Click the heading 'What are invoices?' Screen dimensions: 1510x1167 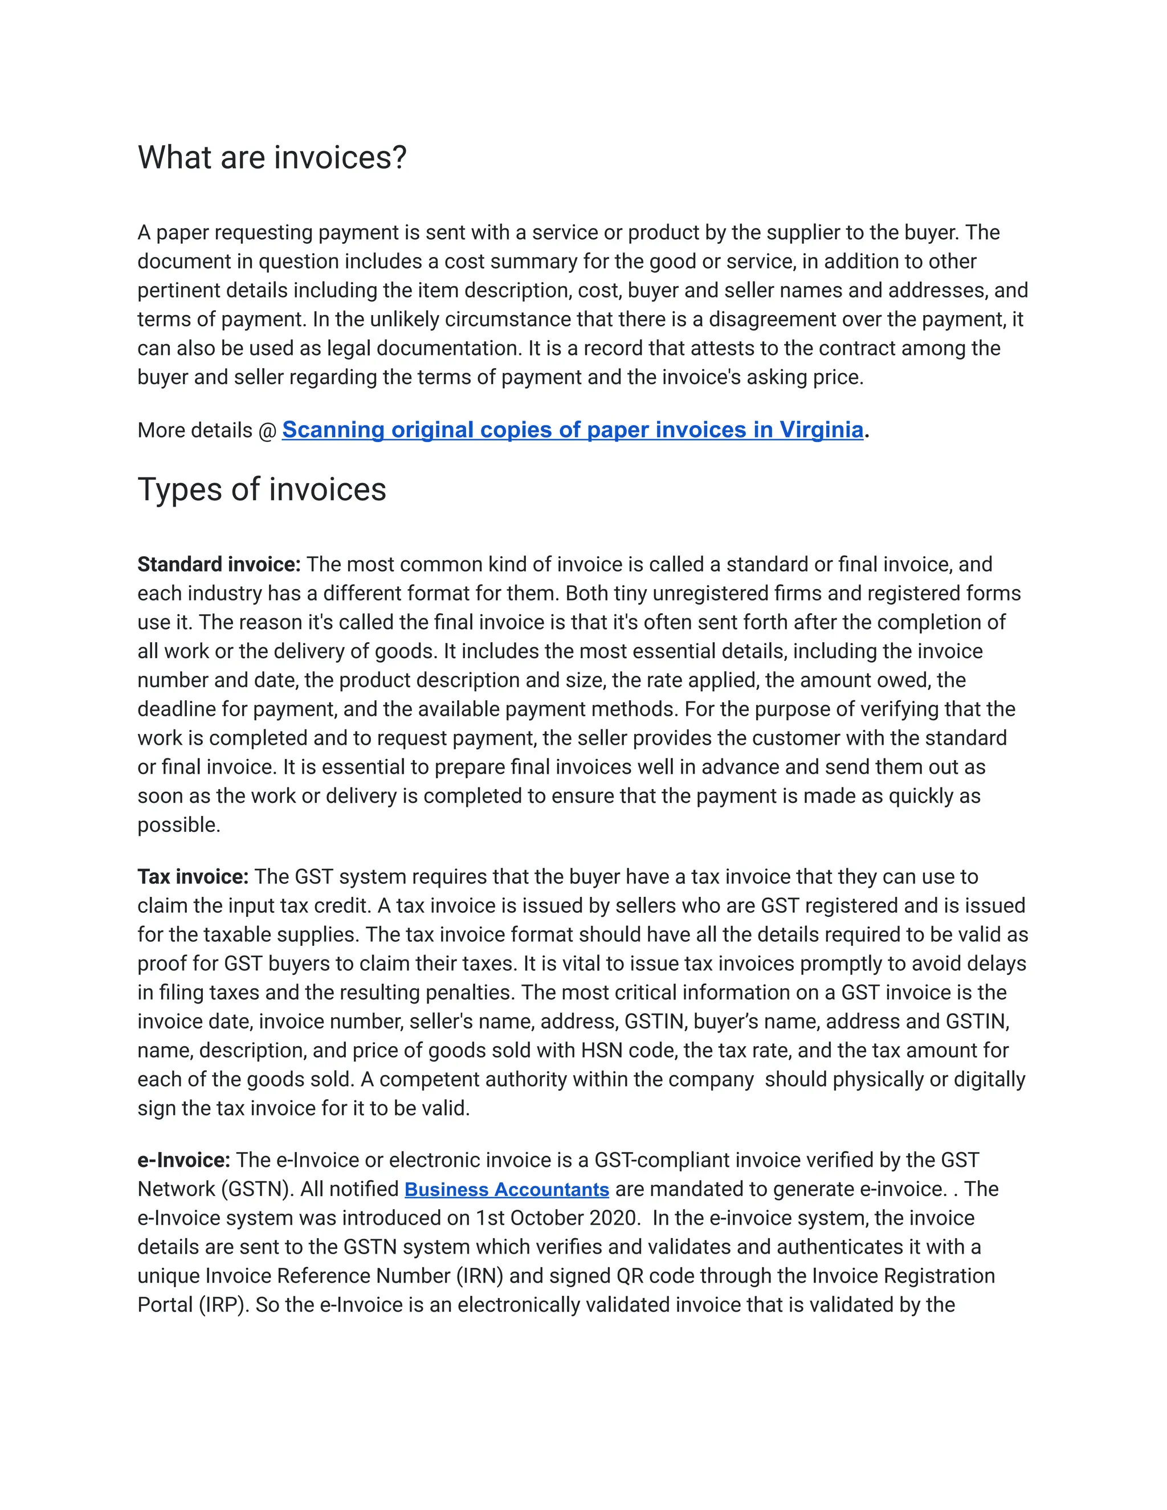tap(272, 158)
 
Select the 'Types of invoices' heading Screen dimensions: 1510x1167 tap(262, 489)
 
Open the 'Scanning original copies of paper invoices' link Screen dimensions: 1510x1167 tap(573, 430)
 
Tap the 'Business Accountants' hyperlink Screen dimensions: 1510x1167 tap(506, 1189)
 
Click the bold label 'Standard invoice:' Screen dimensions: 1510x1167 tap(218, 564)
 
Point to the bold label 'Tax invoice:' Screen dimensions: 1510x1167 tap(192, 877)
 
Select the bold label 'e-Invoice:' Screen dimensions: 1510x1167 tap(183, 1160)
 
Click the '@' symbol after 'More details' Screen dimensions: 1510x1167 tap(267, 431)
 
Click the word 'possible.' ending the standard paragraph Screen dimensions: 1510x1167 tap(178, 825)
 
